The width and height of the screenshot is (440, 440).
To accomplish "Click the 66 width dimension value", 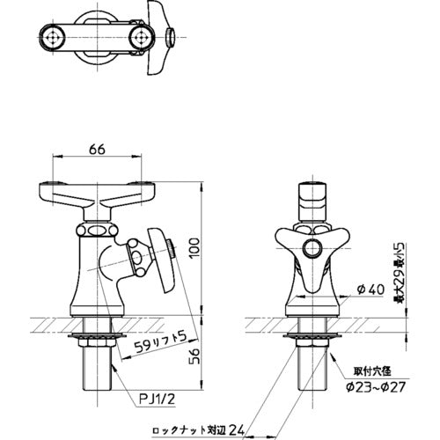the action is [x=97, y=150].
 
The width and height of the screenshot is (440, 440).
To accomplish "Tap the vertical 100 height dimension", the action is [x=194, y=248].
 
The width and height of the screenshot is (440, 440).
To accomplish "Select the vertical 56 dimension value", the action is [x=194, y=356].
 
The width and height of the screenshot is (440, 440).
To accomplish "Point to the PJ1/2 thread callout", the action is [x=157, y=400].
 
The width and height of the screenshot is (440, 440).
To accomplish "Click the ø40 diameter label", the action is [x=370, y=290].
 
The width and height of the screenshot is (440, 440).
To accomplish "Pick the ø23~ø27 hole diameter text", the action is [x=376, y=387].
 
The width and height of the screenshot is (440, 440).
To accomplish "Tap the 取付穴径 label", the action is [x=372, y=372].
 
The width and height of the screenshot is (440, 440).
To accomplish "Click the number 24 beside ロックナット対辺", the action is [x=237, y=430].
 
